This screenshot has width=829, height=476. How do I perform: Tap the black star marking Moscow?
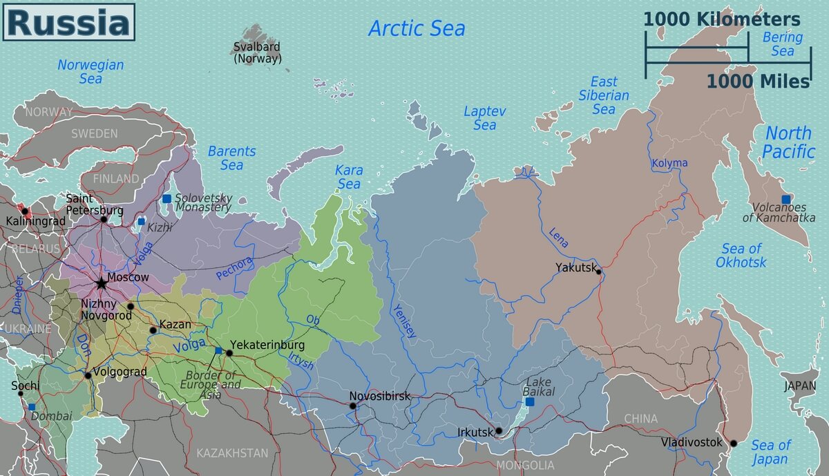(x=101, y=283)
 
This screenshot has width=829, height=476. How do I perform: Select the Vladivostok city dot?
(x=734, y=444)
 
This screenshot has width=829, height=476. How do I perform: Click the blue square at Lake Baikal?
(x=530, y=401)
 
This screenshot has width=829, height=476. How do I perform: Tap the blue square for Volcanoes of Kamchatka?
(x=785, y=200)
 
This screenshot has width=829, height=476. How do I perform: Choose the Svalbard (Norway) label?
(x=258, y=53)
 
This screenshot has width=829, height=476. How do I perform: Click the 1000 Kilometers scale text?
(x=722, y=19)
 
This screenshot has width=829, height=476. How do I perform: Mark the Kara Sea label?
(x=349, y=177)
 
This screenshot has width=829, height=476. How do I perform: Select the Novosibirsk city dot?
(x=353, y=406)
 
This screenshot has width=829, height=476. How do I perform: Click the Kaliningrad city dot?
(x=25, y=211)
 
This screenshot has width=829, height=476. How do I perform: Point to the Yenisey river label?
(x=406, y=321)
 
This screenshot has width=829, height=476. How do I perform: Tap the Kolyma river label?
(x=669, y=163)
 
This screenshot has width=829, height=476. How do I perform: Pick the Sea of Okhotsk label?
(x=741, y=256)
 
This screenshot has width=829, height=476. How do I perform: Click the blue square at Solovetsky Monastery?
(x=166, y=199)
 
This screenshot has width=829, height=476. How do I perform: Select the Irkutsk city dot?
(x=499, y=432)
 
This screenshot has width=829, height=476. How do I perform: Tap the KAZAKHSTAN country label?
(x=232, y=453)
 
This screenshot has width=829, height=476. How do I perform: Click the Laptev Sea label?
(x=484, y=118)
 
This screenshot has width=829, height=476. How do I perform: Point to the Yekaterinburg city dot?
(x=229, y=353)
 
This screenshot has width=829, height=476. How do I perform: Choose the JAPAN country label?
(x=799, y=387)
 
